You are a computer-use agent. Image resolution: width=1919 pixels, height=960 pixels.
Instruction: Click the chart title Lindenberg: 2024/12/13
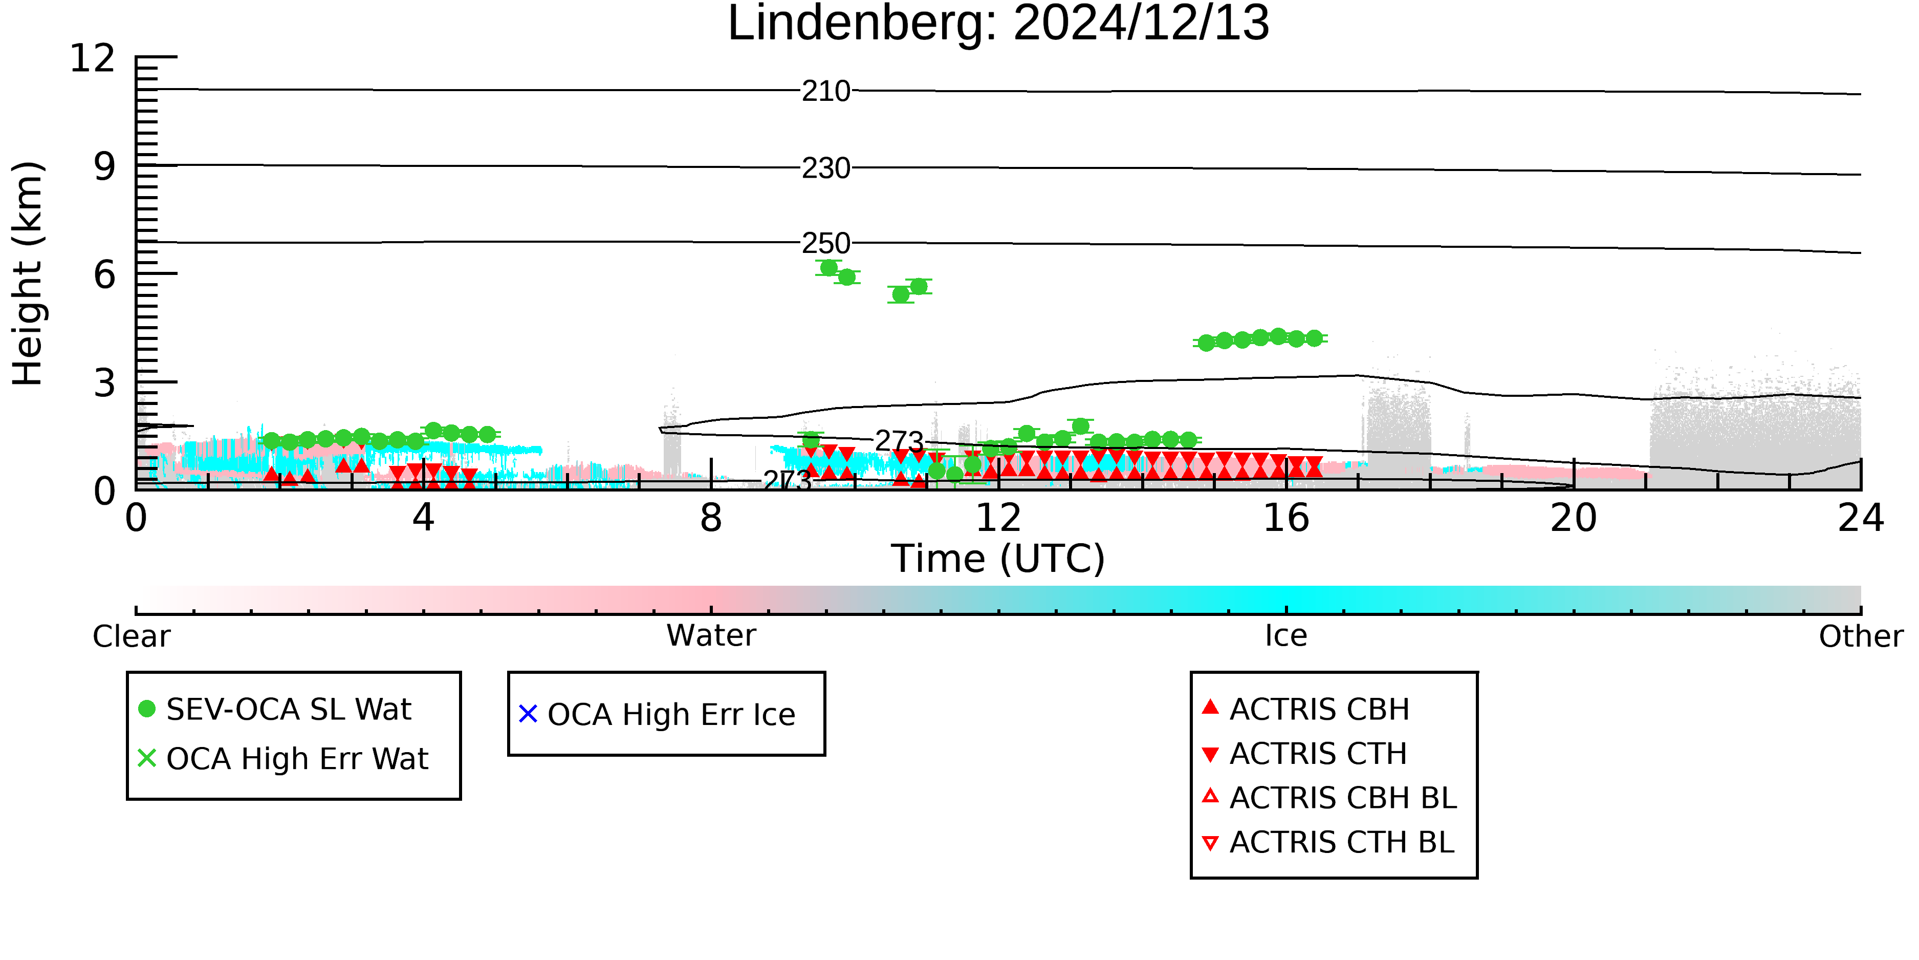998,24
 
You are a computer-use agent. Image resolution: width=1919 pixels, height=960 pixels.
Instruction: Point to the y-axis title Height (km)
28,273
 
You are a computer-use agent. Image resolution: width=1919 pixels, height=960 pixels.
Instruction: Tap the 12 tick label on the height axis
93,58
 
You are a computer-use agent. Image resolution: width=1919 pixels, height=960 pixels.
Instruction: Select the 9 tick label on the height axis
105,167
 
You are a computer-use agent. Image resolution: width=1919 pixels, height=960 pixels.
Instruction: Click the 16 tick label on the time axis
1286,518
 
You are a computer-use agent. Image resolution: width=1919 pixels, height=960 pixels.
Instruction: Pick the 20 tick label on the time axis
1574,518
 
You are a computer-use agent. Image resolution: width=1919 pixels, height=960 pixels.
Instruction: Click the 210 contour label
826,92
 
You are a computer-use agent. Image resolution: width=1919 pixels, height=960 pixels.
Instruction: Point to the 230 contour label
826,168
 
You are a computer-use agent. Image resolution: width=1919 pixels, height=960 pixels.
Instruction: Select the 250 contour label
826,244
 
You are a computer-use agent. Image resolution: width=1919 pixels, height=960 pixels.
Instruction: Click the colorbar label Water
711,636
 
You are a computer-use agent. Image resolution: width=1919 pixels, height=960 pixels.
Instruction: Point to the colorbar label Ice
1286,636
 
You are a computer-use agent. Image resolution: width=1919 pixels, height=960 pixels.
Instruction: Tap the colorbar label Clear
132,636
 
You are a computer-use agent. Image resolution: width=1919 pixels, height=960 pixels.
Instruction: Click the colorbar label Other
1861,636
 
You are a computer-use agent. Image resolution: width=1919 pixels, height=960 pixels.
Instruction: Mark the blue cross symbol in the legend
528,714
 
